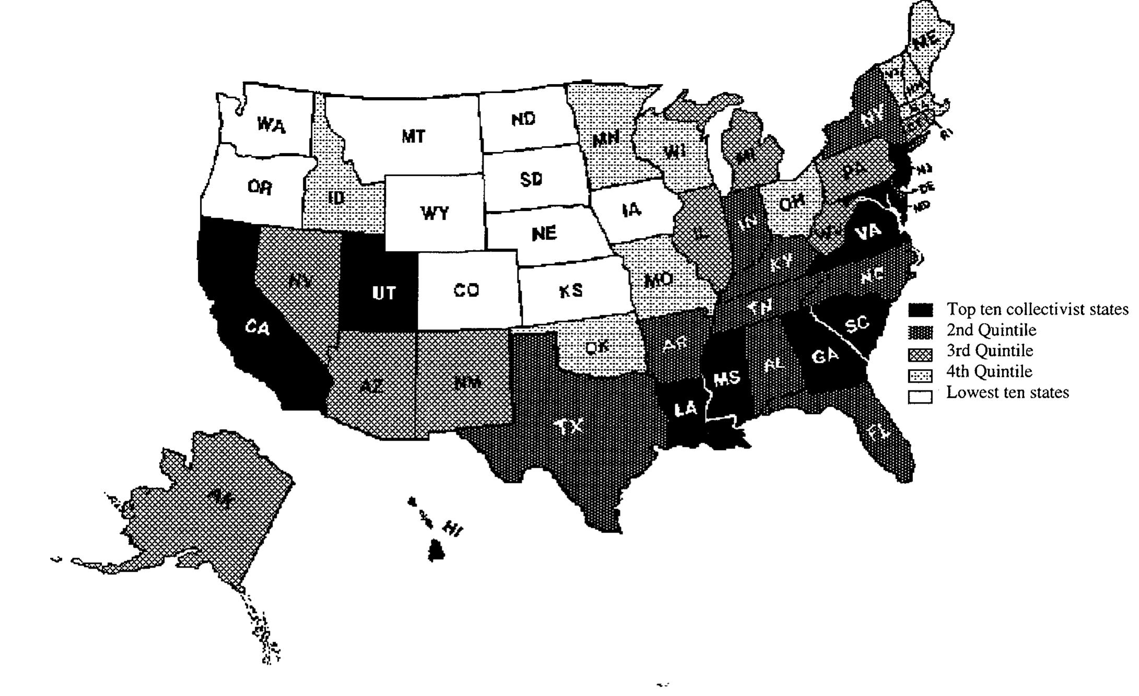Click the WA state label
pos(271,125)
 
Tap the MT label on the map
pos(413,137)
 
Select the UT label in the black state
pos(384,293)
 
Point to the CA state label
pos(257,328)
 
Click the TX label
pos(569,427)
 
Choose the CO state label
pos(466,290)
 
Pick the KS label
pos(571,291)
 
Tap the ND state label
pos(523,120)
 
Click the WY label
pos(435,213)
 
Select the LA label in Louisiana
pos(686,409)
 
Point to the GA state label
pos(825,357)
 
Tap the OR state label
pos(260,187)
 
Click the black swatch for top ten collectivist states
pos(920,310)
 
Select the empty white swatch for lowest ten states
pos(920,397)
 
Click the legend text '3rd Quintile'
pos(990,350)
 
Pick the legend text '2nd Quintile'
pos(991,330)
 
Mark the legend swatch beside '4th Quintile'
pos(920,375)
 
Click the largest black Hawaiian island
pos(436,551)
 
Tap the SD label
pos(531,179)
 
